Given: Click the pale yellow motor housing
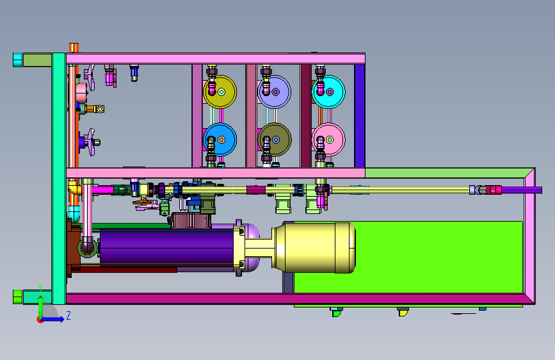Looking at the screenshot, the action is tap(314, 248).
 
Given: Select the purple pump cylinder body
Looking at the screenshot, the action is tap(166, 247).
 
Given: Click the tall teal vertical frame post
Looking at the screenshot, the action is tap(59, 179).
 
